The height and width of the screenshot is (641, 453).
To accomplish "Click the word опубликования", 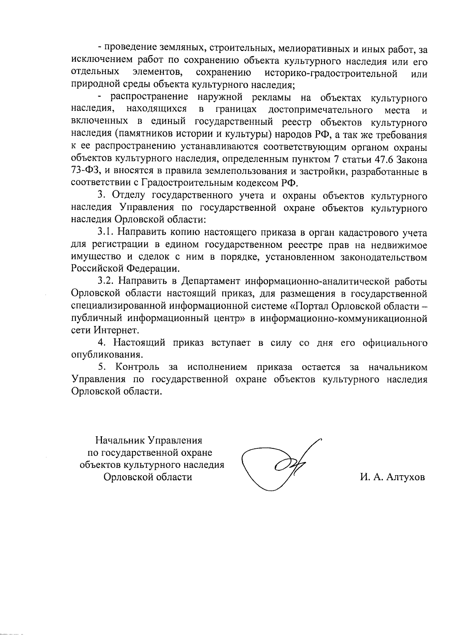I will pyautogui.click(x=107, y=355).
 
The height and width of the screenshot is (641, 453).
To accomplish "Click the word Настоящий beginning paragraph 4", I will pyautogui.click(x=140, y=343).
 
